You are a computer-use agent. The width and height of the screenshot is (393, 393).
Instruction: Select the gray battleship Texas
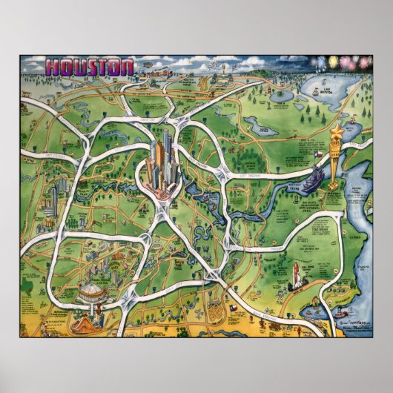point(315,178)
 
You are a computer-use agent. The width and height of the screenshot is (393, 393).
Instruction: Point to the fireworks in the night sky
point(341,62)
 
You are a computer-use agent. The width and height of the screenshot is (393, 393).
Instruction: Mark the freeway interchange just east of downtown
point(222,174)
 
